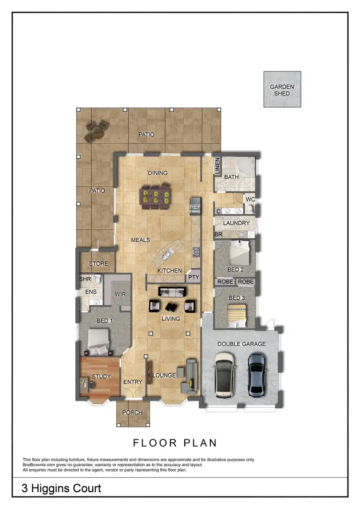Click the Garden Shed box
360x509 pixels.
pos(282,89)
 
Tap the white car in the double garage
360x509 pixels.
pos(225,375)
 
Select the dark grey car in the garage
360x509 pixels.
pos(257,374)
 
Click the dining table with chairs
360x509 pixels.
pos(155,196)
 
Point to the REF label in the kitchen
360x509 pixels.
pos(195,207)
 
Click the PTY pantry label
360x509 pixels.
pos(193,277)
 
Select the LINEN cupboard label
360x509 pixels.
pos(217,166)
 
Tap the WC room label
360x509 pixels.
pos(250,199)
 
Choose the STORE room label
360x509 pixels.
pos(98,264)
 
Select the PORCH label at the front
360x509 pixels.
pos(132,413)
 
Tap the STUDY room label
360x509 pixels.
pos(101,377)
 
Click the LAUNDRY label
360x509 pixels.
pos(236,223)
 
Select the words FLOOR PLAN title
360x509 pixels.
pos(175,443)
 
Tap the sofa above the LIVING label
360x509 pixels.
pos(171,292)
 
